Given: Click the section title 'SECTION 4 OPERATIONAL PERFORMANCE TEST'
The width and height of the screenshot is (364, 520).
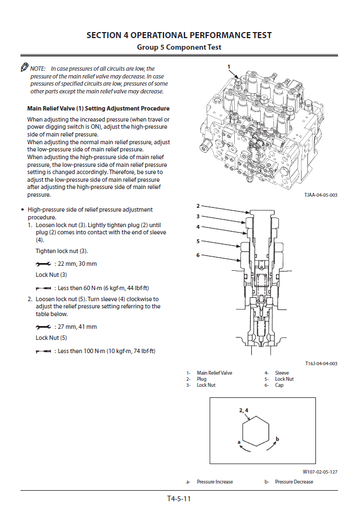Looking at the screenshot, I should click(179, 35).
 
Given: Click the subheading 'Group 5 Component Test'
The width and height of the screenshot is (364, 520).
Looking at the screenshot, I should click(179, 48).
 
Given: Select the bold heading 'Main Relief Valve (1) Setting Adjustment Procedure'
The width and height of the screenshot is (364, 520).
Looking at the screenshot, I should click(98, 108).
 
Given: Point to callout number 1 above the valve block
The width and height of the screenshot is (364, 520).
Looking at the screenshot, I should click(229, 67).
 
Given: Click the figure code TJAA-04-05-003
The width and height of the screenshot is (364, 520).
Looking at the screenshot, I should click(320, 195).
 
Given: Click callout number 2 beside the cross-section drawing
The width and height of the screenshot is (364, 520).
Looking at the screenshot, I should click(198, 206).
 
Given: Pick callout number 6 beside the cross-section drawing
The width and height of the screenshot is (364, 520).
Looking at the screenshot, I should click(198, 255).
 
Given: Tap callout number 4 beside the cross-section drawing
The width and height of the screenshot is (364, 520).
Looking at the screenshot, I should click(198, 227).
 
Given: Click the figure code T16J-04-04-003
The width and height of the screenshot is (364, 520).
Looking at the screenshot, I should click(321, 364).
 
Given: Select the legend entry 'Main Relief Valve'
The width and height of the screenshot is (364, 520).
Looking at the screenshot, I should click(214, 373).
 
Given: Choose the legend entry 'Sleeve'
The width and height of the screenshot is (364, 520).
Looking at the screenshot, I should click(282, 373).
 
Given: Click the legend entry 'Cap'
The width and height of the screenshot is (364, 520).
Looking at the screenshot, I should click(279, 385).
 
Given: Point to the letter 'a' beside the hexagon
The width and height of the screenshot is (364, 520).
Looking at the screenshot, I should click(238, 442).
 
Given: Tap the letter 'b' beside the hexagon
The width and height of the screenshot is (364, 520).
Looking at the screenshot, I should click(277, 439).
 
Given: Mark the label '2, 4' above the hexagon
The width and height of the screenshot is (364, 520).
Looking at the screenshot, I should click(244, 411).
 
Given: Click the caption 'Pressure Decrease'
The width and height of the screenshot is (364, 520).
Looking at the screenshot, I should click(294, 482).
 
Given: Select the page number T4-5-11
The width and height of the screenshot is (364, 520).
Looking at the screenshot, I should click(179, 498).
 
